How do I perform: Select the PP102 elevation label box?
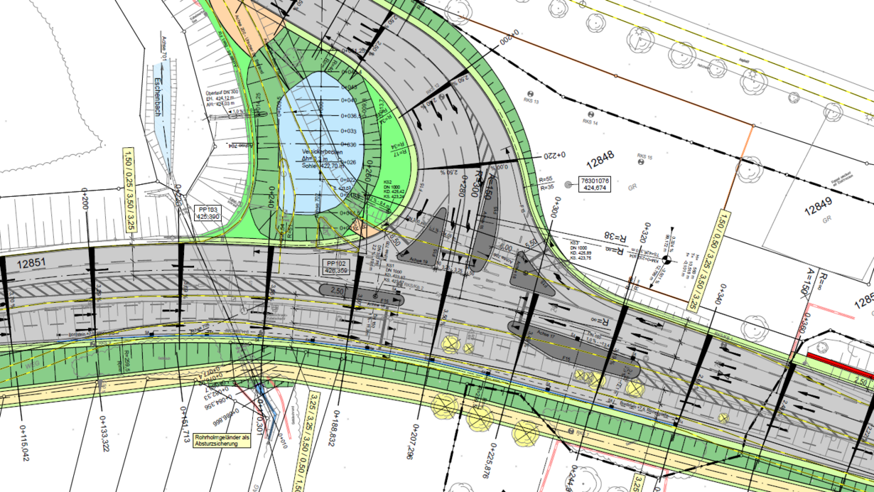point(335,267)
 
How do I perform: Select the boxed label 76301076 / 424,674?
point(595,184)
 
